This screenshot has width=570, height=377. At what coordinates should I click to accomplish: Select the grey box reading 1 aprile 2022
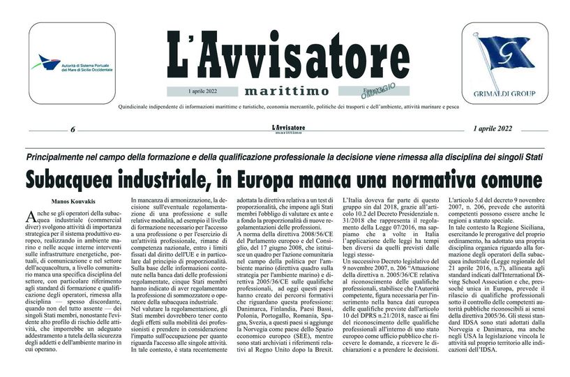(x=203, y=91)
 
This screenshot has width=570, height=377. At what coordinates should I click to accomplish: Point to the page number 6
(x=73, y=129)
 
